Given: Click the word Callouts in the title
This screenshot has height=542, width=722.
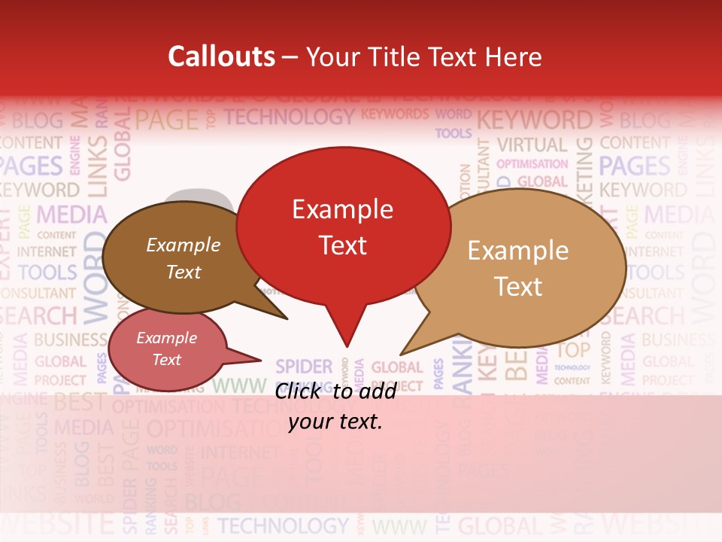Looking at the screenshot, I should coord(221,56).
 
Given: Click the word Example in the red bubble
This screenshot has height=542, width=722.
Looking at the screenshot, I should coord(342,209).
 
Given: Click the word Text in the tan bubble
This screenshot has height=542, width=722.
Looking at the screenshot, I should coord(518,287).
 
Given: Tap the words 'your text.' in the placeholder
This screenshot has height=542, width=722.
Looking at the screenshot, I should coord(335,421).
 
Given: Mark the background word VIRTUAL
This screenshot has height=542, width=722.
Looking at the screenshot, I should coord(532,145).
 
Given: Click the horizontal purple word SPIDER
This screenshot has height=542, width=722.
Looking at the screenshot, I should coord(304,367).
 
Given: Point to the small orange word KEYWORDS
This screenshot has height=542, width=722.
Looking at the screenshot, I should coord(395,114).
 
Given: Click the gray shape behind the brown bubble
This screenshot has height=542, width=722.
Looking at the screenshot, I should coord(199,198).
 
